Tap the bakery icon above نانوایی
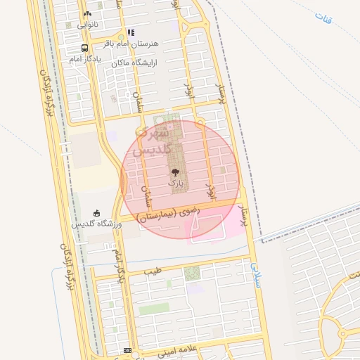click(87, 13)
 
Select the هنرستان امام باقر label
click(131, 44)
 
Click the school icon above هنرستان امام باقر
click(131, 32)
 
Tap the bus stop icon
click(85, 49)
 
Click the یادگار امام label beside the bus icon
click(85, 59)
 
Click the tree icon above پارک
click(175, 172)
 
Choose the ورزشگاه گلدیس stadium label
click(97, 224)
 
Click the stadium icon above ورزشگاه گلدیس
click(97, 214)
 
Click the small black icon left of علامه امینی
click(127, 350)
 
